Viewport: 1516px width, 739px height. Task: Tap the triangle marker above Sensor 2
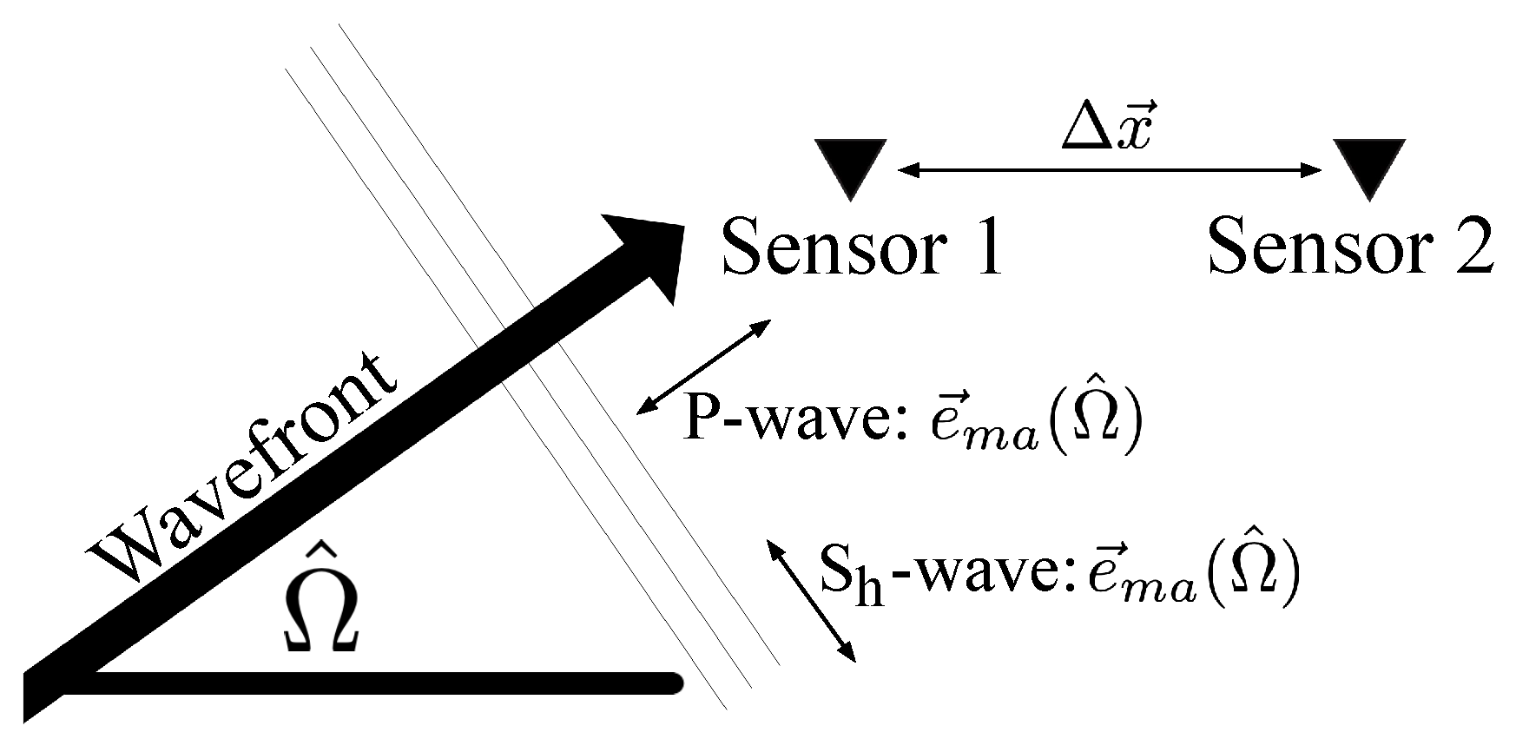point(1369,165)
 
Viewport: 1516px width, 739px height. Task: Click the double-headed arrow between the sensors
point(1109,171)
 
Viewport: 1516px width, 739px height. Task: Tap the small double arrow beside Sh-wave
point(810,600)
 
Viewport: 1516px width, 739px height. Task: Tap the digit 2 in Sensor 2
point(1473,247)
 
